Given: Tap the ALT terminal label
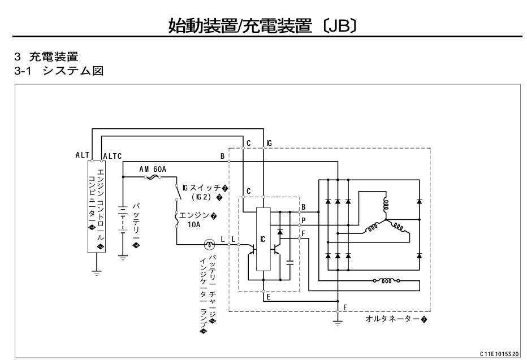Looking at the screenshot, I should [x=82, y=155].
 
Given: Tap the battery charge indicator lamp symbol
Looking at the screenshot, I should [x=209, y=244].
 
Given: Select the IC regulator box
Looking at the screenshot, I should [x=263, y=239].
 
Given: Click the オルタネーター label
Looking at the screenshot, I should [x=396, y=319].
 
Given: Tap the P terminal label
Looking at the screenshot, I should [x=304, y=220].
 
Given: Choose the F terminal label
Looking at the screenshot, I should [x=304, y=232].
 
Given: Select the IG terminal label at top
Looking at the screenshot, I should [x=269, y=143].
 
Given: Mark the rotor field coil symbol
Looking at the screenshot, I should [x=387, y=279].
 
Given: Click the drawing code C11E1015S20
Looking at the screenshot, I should [x=499, y=353].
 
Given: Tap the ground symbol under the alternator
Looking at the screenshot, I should [x=338, y=323].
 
